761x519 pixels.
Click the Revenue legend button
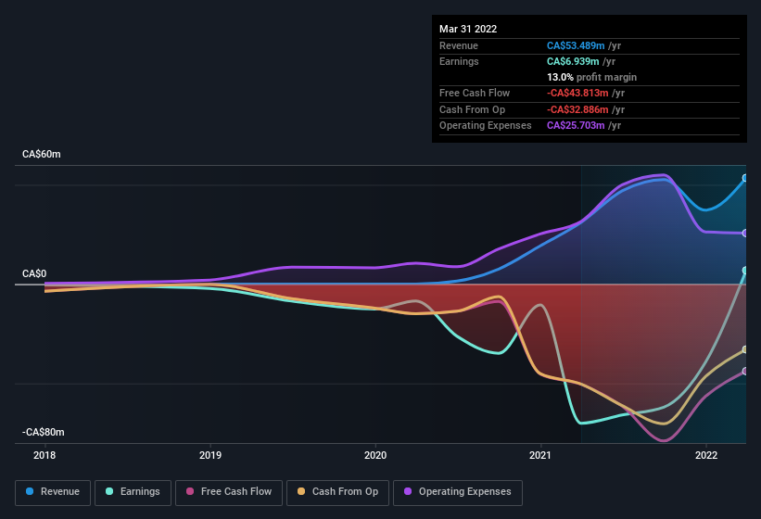tap(53, 492)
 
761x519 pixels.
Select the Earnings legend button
tap(133, 492)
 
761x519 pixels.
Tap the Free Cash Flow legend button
tap(229, 492)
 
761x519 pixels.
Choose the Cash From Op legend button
tap(337, 492)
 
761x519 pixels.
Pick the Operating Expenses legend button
tap(458, 492)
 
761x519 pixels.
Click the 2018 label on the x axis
tap(44, 455)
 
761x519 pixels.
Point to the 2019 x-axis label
tap(210, 455)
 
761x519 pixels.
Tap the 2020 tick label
tap(375, 455)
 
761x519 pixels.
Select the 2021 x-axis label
tap(540, 455)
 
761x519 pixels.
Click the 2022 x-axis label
tap(706, 455)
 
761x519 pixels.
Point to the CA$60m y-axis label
tap(42, 155)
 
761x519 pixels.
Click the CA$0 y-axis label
tap(34, 274)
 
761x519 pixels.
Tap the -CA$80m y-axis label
tap(44, 433)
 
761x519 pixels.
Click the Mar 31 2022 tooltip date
tap(468, 29)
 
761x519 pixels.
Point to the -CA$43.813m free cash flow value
tap(586, 93)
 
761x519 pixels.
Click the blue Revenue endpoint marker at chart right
tap(745, 178)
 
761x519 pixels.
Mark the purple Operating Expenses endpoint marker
tap(745, 234)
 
